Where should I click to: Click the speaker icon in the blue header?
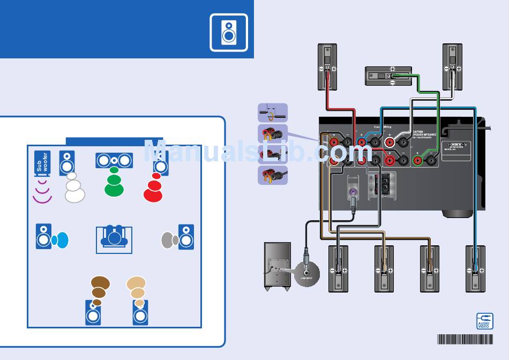click(x=229, y=32)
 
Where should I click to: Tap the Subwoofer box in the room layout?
click(x=43, y=164)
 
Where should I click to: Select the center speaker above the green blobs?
click(x=114, y=160)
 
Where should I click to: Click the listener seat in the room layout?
click(x=114, y=239)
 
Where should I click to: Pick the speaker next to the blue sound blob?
click(x=44, y=236)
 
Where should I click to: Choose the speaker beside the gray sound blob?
click(x=186, y=237)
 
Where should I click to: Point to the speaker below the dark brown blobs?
click(x=93, y=313)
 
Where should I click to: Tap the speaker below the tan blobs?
click(x=140, y=313)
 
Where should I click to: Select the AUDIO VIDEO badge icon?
click(x=484, y=321)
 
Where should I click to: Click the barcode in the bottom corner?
click(x=465, y=339)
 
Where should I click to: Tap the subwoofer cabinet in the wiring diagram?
click(x=277, y=266)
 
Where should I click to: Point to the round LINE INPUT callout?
click(x=306, y=272)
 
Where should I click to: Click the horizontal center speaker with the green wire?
click(x=388, y=76)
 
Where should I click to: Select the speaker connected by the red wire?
click(x=327, y=66)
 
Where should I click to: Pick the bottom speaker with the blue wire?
click(x=475, y=268)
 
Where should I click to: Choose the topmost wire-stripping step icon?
click(x=273, y=112)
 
